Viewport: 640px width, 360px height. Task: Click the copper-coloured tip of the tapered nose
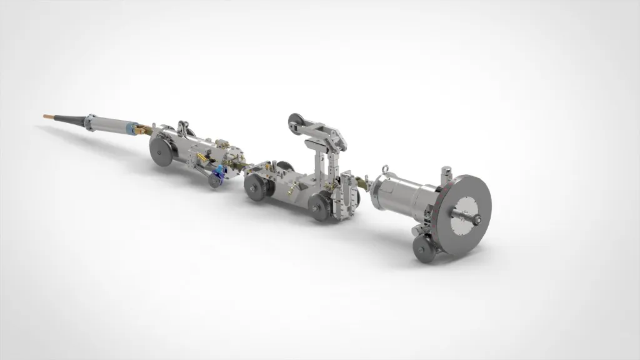pos(47,115)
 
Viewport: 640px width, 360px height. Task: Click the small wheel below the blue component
pos(216,182)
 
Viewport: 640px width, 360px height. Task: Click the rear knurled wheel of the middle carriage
pos(320,206)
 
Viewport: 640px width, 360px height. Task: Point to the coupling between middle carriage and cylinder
pos(364,183)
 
